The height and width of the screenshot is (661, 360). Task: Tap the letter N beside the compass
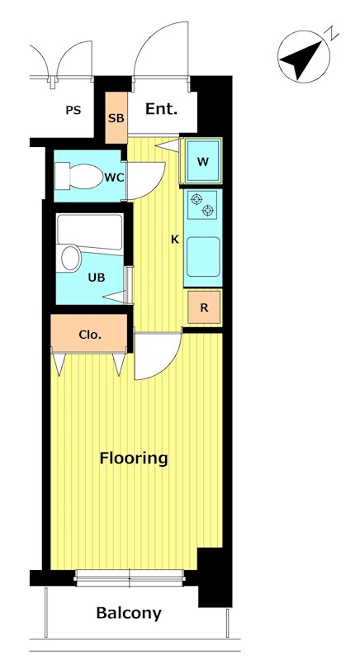point(333,33)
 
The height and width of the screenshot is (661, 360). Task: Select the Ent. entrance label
point(161,109)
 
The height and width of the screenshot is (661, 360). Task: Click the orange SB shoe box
point(116,117)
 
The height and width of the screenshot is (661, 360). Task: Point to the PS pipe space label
point(73,111)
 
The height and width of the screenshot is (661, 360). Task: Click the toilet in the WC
point(79,176)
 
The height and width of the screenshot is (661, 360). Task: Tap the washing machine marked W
point(202,161)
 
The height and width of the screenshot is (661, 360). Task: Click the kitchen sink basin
point(203,257)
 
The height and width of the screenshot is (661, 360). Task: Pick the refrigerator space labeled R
point(204,307)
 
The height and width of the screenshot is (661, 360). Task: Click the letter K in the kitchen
point(175,240)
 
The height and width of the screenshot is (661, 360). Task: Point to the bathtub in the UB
point(90,232)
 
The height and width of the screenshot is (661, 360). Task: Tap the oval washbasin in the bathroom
point(71,258)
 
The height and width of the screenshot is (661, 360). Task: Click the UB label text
point(97,278)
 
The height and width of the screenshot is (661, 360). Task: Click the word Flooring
point(134,459)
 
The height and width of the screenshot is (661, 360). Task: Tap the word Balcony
point(129,613)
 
